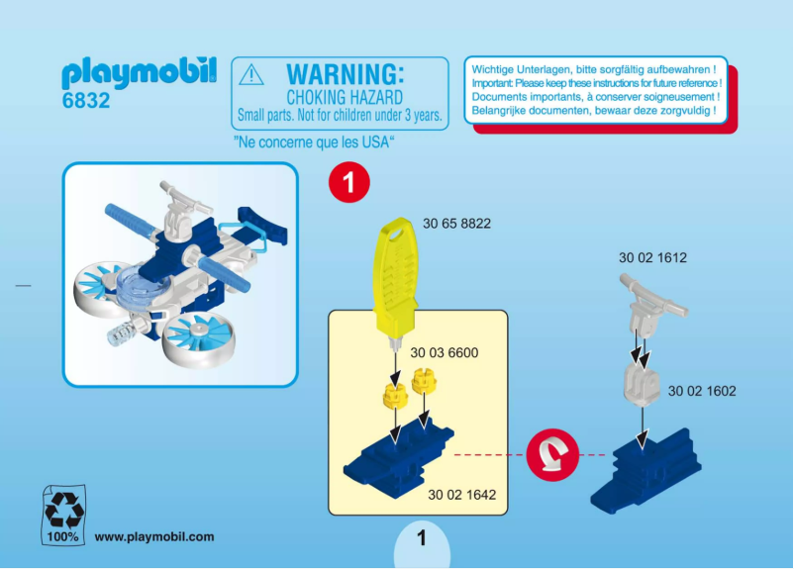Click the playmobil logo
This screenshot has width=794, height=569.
(139, 73)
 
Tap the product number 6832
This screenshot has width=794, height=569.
(85, 101)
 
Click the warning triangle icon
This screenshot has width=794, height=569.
(252, 75)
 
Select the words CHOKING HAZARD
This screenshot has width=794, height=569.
(344, 97)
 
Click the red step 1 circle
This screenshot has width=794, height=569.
(347, 182)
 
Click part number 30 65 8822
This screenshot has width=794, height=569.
(456, 224)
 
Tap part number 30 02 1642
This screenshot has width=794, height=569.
(461, 494)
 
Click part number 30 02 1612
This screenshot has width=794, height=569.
(652, 257)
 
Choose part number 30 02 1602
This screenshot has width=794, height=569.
(702, 391)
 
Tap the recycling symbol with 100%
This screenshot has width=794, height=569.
(63, 515)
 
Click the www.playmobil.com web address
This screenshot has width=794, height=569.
(153, 536)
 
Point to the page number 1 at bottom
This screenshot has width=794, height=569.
(421, 539)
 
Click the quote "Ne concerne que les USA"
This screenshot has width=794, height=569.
(314, 142)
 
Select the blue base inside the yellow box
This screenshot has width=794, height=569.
(397, 453)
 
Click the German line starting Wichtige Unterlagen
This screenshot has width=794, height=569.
(593, 69)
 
